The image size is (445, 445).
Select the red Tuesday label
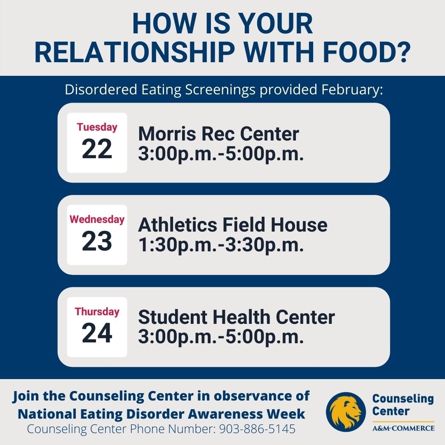[97, 127]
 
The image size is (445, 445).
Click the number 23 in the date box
[97, 241]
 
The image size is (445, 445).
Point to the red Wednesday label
[97, 219]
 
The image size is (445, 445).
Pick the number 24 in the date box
[97, 334]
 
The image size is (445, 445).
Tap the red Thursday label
[97, 311]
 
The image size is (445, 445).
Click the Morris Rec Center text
[218, 134]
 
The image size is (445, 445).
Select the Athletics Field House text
[233, 225]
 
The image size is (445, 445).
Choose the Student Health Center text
[236, 318]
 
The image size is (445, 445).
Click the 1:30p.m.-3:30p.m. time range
[221, 246]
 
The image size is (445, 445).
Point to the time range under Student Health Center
[221, 337]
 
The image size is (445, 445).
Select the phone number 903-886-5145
[257, 429]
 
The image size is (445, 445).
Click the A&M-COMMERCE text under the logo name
[403, 428]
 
